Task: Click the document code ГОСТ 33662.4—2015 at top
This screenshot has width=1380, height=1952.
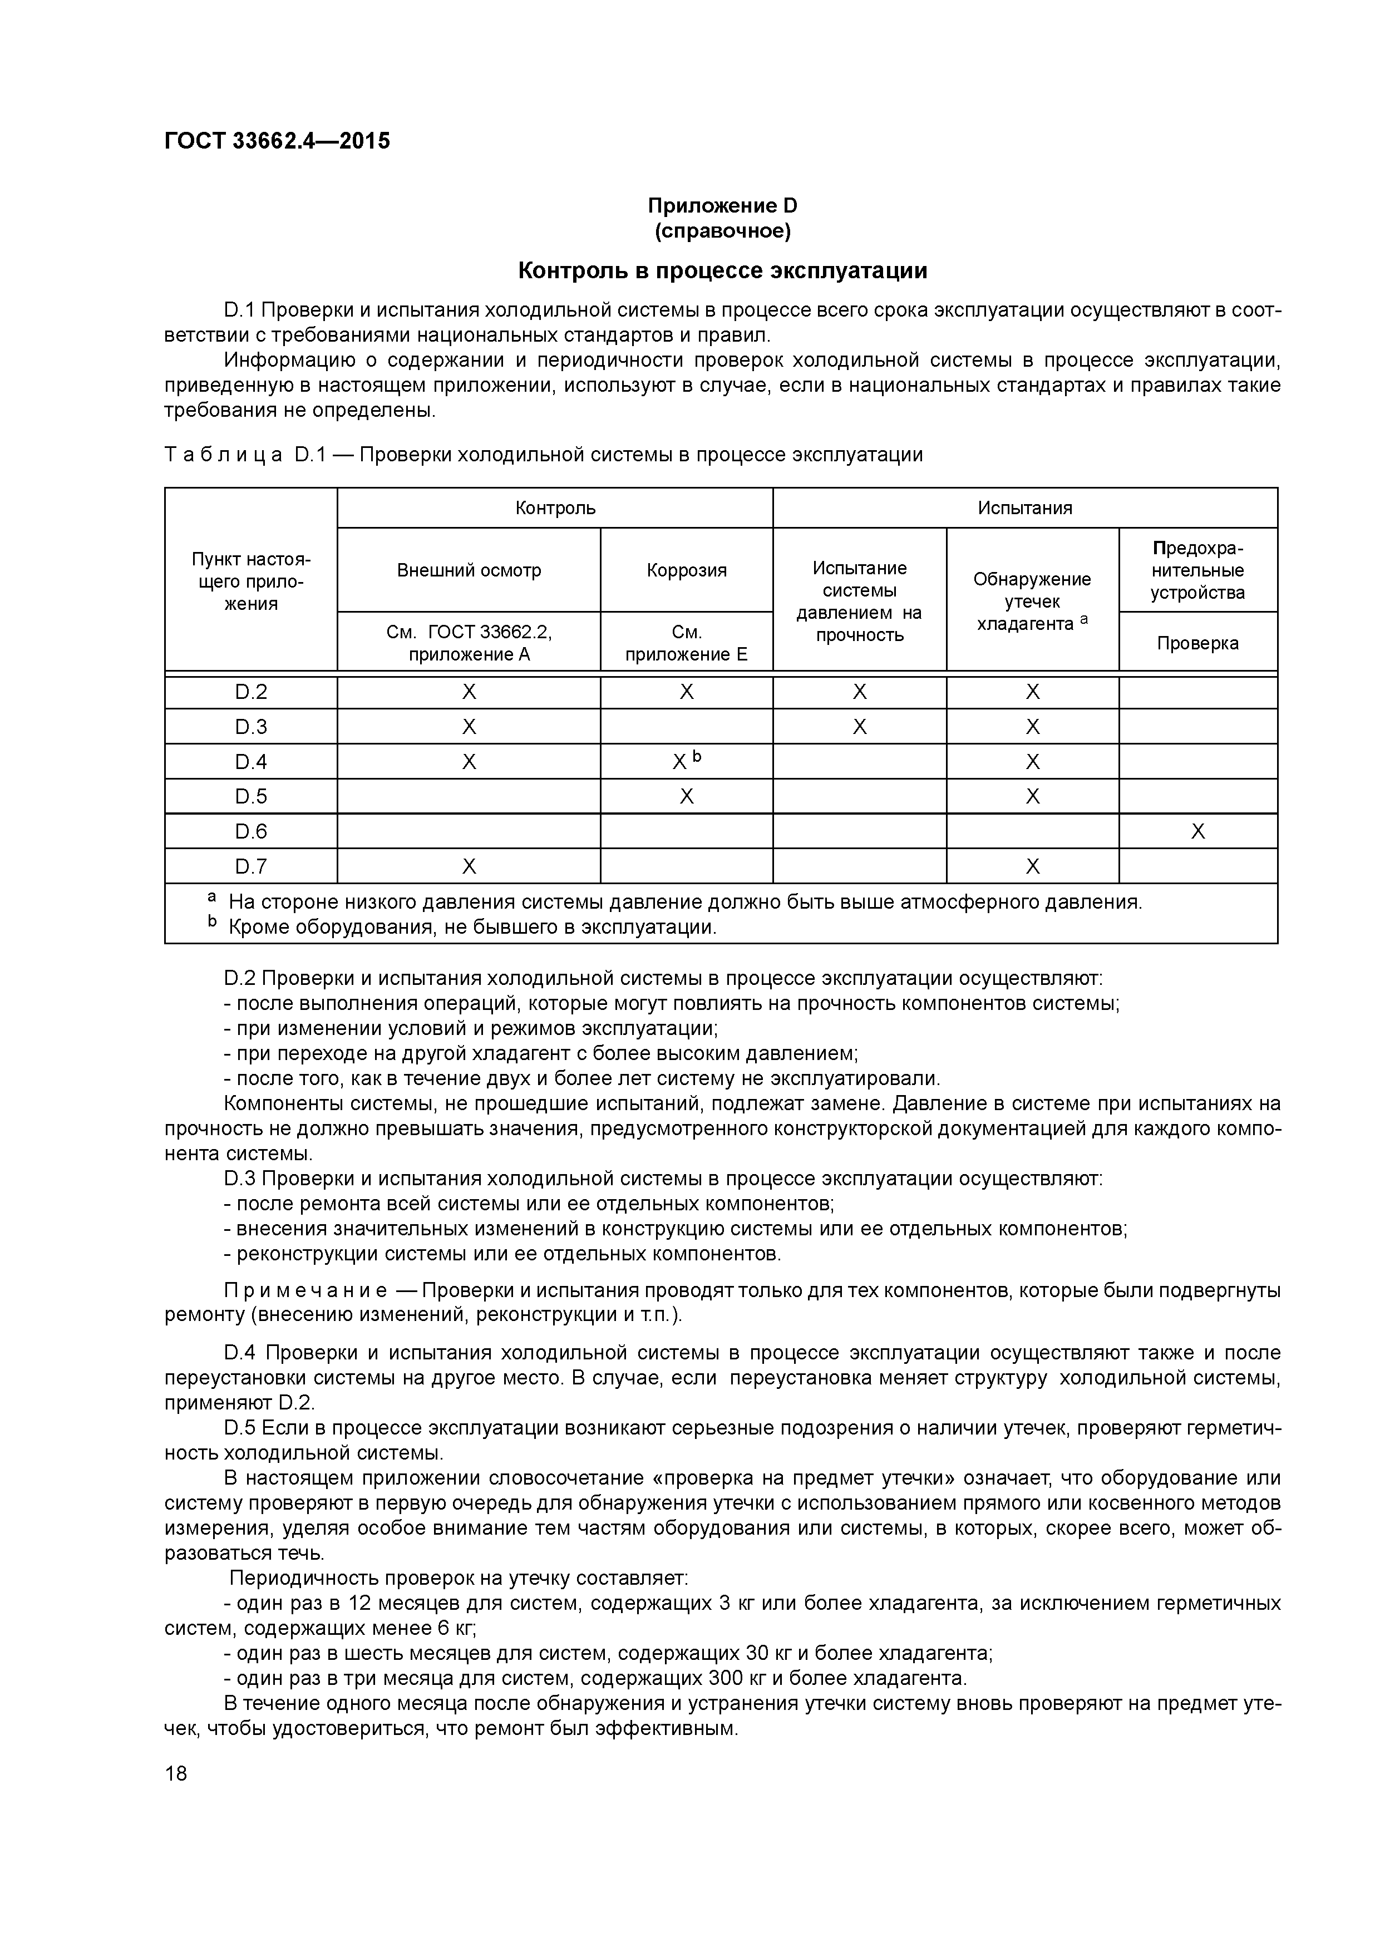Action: [x=277, y=141]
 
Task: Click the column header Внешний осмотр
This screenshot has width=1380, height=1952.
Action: [x=469, y=570]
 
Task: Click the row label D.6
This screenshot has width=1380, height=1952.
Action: [x=251, y=831]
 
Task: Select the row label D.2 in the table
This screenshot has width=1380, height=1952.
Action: [x=251, y=693]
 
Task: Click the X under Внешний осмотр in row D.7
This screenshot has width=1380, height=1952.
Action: [x=469, y=866]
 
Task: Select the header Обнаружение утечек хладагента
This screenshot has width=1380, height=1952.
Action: [x=1032, y=601]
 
